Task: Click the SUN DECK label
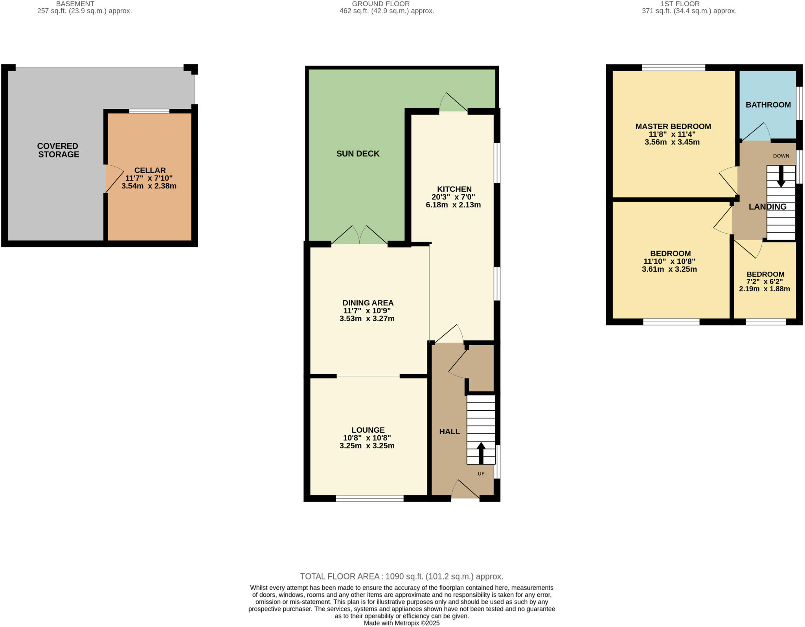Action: (358, 154)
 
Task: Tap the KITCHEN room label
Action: (454, 189)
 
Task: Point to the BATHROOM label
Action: (768, 105)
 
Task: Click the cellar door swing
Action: (114, 179)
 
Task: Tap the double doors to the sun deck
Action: (359, 236)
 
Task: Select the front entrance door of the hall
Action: (465, 490)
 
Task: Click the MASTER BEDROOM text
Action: (673, 126)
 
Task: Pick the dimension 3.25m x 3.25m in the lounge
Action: (367, 446)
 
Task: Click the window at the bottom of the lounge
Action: (369, 498)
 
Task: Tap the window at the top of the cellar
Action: (149, 111)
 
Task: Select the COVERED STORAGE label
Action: (58, 150)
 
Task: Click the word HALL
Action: (449, 431)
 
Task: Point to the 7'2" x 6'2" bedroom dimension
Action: (765, 282)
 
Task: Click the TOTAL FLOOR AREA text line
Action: (401, 576)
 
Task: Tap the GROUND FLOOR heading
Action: (380, 4)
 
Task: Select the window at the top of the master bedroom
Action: (673, 68)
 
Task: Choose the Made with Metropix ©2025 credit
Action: (401, 623)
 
